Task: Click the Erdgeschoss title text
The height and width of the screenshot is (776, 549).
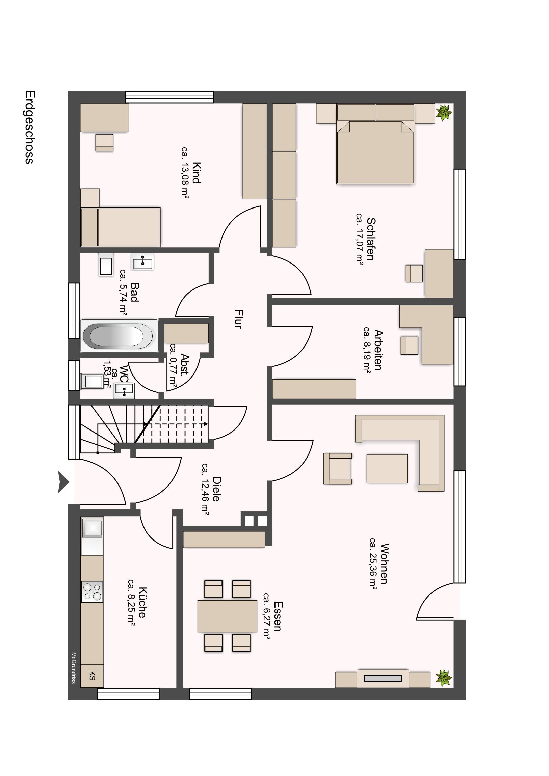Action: pos(29,127)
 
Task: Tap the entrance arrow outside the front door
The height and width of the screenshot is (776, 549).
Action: pos(63,481)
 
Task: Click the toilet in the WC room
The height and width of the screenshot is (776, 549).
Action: pos(92,382)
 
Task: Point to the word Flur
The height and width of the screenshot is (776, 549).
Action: pos(238,319)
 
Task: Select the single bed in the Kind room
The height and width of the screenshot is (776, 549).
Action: pos(121,227)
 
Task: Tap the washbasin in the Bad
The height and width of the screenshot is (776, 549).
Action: pos(142,261)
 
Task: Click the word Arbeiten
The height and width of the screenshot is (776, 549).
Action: pos(378,350)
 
